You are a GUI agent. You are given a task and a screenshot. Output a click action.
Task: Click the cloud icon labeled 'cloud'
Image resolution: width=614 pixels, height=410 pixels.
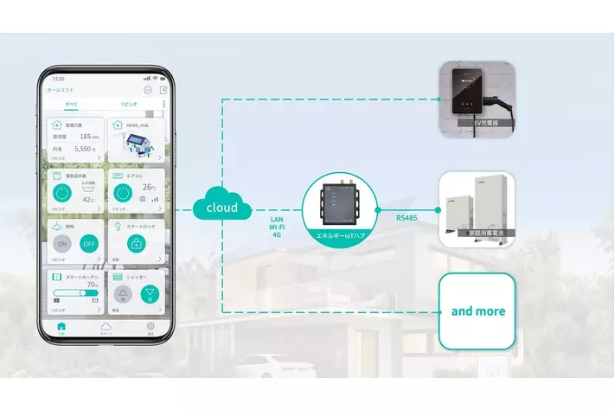click(222, 208)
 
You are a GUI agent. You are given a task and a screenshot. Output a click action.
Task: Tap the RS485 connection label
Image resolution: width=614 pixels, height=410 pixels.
click(406, 218)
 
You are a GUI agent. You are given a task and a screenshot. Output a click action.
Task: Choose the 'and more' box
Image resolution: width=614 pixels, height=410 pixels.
click(477, 311)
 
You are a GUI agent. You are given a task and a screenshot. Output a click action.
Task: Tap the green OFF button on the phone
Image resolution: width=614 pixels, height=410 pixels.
click(86, 243)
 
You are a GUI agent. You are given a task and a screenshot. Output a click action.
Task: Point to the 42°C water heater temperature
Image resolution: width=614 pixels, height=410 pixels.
click(89, 200)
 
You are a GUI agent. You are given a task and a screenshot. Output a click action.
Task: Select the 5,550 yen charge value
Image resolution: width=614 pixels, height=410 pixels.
click(85, 149)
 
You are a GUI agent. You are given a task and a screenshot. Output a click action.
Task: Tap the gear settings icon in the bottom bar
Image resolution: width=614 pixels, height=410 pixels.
click(150, 327)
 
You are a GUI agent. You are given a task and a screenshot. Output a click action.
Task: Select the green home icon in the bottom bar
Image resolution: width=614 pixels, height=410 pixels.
click(61, 327)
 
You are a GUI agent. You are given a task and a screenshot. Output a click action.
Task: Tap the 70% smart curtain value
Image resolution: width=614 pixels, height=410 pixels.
click(92, 285)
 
